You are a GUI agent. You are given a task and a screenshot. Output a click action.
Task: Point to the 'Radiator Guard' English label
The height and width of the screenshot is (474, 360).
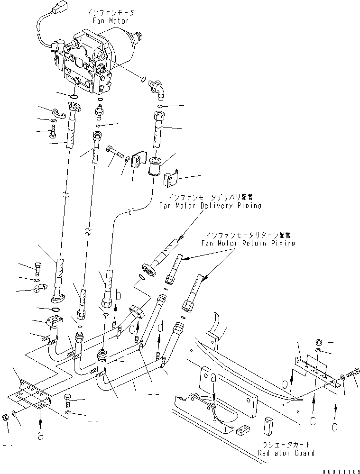(286, 453)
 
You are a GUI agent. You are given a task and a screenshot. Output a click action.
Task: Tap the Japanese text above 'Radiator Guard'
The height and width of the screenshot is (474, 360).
(286, 445)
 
